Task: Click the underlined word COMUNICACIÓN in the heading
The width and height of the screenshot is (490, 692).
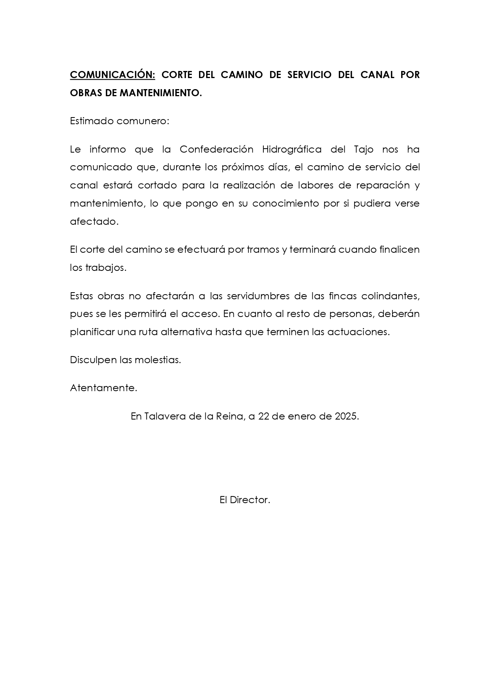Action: (113, 75)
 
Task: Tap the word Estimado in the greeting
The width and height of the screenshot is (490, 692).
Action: (91, 121)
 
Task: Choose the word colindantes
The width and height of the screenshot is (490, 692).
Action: (390, 296)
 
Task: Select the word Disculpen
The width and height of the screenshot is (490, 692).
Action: (94, 360)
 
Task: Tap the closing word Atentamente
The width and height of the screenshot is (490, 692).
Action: (103, 388)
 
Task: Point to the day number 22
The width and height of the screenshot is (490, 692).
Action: (264, 416)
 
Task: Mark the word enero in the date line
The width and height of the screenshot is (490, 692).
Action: (300, 416)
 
